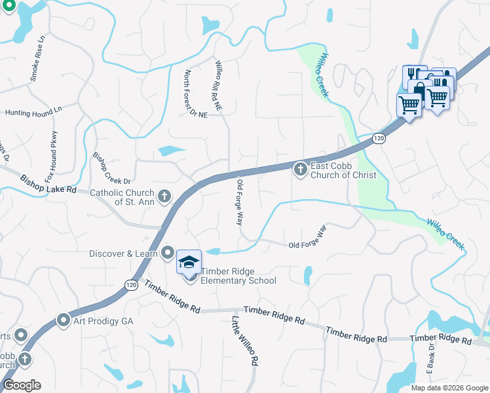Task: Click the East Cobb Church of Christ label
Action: coord(343,170)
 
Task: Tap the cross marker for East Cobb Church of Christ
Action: coord(300,170)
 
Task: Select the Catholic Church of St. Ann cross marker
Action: coord(164,195)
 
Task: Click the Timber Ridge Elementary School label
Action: coord(238,276)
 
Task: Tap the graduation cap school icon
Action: coord(189,263)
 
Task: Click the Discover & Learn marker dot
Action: coord(168,253)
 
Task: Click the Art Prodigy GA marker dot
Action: coord(64,320)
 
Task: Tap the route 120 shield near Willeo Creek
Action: coord(378,138)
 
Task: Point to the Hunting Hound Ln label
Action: coord(33,113)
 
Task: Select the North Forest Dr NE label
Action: coord(195,94)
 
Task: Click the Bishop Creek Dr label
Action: coord(112,168)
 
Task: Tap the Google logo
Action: coord(22,385)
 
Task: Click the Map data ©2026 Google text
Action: coord(449,388)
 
